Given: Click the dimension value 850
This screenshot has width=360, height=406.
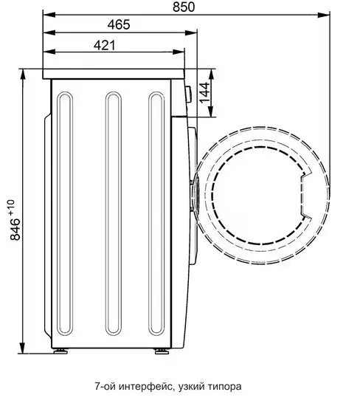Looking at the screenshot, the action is [x=184, y=7].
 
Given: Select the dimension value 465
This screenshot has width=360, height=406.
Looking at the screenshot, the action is [x=119, y=25].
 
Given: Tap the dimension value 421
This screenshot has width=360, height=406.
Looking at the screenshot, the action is [x=105, y=46].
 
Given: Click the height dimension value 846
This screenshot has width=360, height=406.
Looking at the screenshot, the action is [x=15, y=229].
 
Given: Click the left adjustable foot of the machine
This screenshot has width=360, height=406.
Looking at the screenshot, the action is [x=60, y=351].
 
